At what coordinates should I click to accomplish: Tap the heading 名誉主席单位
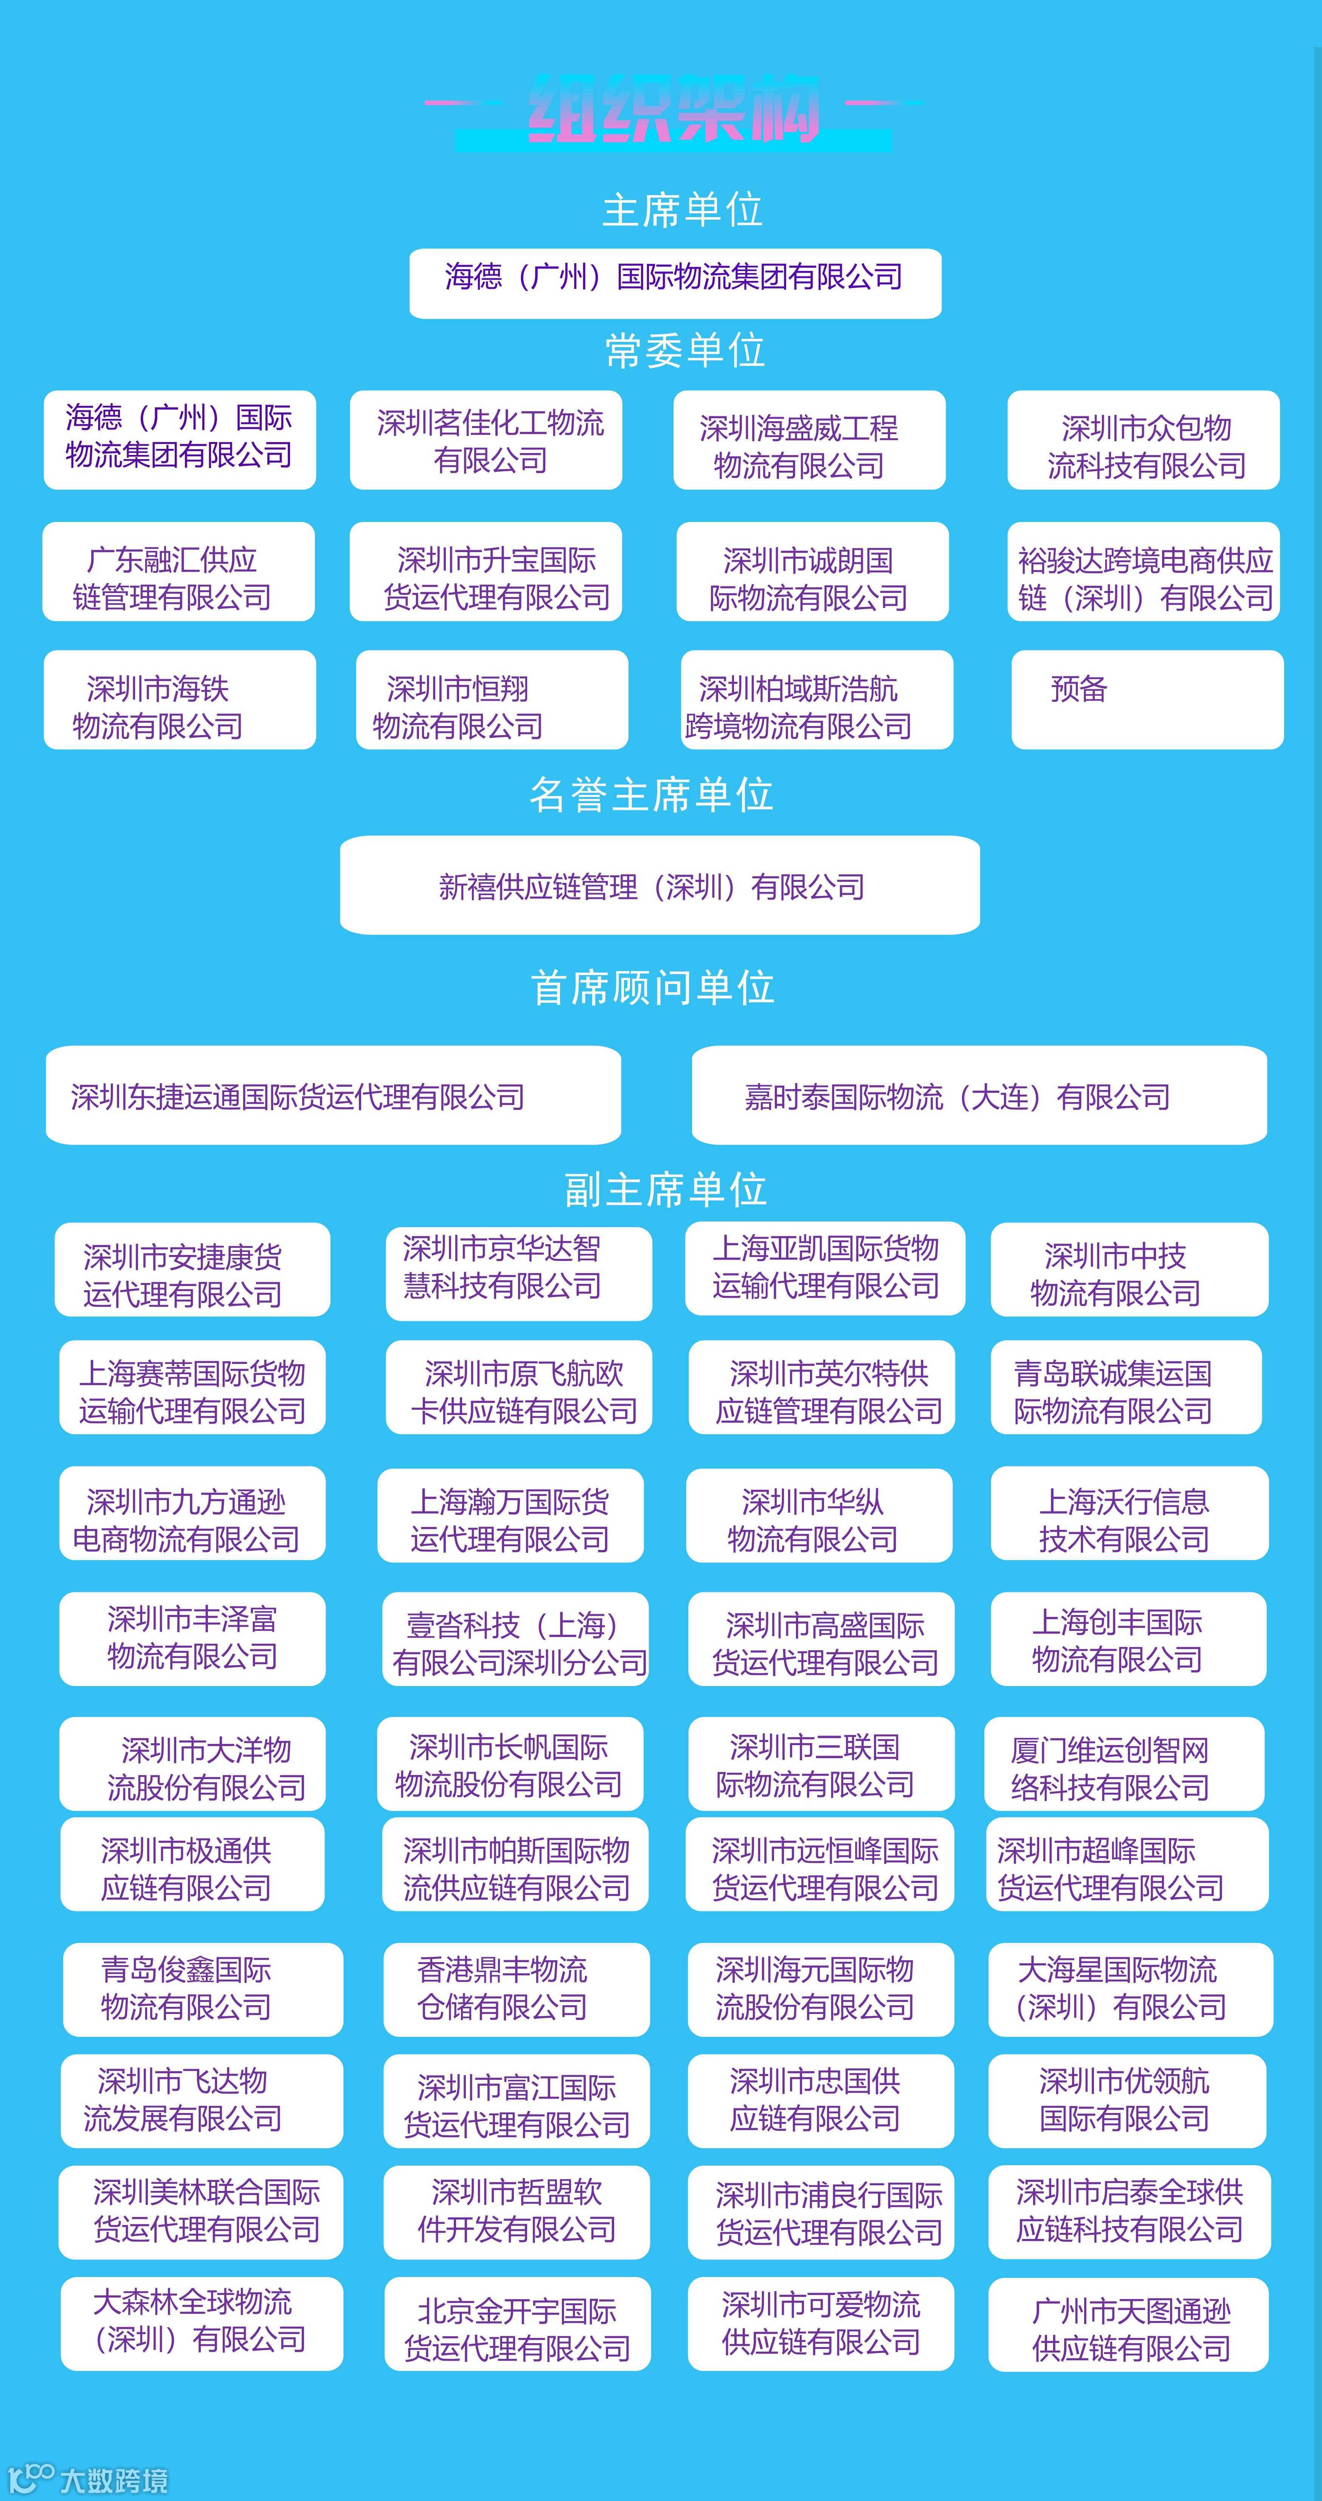[x=651, y=794]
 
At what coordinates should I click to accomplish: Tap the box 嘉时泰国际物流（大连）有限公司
[x=978, y=1095]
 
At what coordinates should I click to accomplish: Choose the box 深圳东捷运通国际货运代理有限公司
[x=333, y=1095]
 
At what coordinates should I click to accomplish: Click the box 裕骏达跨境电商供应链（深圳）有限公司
[x=1144, y=572]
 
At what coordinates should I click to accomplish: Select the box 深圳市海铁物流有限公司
[x=180, y=699]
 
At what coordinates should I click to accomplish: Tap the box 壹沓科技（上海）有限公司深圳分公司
[x=515, y=1640]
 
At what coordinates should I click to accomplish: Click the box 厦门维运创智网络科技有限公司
[x=1124, y=1764]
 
